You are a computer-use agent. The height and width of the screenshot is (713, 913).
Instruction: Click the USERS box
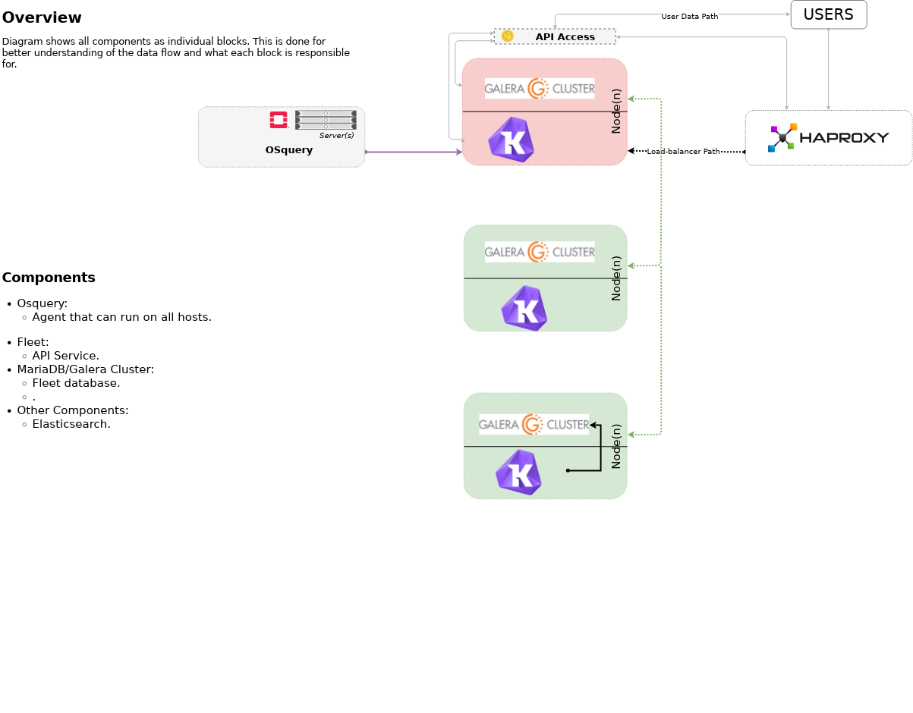tap(828, 14)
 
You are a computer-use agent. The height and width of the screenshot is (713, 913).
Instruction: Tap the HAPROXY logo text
tap(844, 138)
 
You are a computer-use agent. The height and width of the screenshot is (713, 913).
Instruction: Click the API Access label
tap(565, 36)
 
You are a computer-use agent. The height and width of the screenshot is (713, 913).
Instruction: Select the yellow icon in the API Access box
tap(508, 36)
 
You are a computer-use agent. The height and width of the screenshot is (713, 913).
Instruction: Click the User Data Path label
tap(689, 16)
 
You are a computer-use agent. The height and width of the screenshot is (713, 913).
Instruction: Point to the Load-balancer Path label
tap(683, 152)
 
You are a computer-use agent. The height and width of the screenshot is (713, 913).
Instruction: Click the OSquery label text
tap(288, 150)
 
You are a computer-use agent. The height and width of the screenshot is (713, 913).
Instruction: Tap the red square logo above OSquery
tap(279, 120)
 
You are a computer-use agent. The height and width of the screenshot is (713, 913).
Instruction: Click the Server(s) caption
tap(336, 136)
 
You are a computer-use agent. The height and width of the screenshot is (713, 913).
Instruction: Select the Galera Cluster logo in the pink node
tap(540, 89)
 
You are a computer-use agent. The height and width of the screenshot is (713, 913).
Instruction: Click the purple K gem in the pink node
tap(511, 140)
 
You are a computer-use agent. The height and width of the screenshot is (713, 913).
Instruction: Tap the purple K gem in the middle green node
tap(524, 309)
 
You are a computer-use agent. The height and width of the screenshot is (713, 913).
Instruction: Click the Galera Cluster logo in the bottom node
tap(534, 425)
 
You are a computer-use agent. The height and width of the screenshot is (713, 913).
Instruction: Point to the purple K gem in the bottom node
tap(518, 473)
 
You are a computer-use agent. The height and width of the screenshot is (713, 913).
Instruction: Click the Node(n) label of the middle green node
tap(616, 278)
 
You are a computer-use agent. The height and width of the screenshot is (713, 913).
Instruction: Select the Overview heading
tap(42, 17)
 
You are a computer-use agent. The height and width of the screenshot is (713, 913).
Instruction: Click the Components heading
tap(49, 278)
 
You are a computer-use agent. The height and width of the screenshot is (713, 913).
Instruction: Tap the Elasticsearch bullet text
tap(71, 424)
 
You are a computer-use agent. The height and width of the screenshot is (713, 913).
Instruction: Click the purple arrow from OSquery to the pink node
tap(414, 152)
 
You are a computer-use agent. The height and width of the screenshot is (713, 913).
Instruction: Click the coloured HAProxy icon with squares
tap(782, 137)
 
